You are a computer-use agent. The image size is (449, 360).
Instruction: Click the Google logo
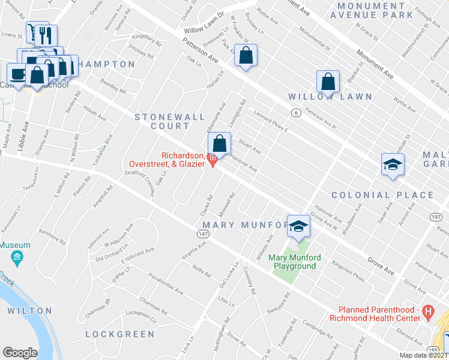tap(20, 353)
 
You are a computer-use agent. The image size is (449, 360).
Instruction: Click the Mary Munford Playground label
tap(292, 262)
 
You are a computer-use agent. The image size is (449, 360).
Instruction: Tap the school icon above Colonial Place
tap(393, 165)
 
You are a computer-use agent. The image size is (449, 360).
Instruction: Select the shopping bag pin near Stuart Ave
tap(220, 143)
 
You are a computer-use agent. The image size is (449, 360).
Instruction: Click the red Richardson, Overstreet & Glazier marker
tap(211, 158)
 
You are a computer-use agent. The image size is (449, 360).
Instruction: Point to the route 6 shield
tap(296, 112)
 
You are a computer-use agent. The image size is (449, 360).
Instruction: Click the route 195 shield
tap(433, 349)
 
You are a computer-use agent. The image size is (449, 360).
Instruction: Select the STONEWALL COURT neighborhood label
tap(162, 121)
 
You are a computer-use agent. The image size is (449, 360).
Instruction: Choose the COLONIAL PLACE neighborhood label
tap(382, 195)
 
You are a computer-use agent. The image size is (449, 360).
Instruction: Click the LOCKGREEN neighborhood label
tap(119, 334)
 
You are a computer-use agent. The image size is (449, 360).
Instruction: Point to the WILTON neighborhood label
tap(29, 311)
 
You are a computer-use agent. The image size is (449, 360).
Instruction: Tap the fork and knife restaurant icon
tap(46, 35)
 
